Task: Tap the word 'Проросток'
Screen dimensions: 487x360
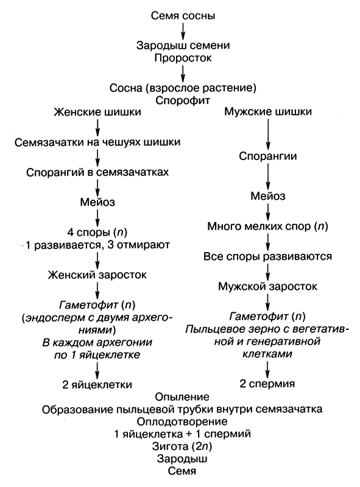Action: click(183, 58)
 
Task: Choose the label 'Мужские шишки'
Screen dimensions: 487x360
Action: click(269, 113)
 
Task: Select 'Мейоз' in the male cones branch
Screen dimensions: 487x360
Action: click(268, 196)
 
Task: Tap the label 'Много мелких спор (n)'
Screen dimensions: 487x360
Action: click(267, 226)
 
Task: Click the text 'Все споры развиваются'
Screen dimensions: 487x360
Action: click(267, 256)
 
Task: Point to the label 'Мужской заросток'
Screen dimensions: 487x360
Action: click(267, 286)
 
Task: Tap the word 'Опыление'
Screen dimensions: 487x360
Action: click(183, 396)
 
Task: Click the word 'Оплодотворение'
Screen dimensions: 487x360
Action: click(183, 421)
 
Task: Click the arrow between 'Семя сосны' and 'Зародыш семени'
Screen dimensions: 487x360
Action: click(183, 29)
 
